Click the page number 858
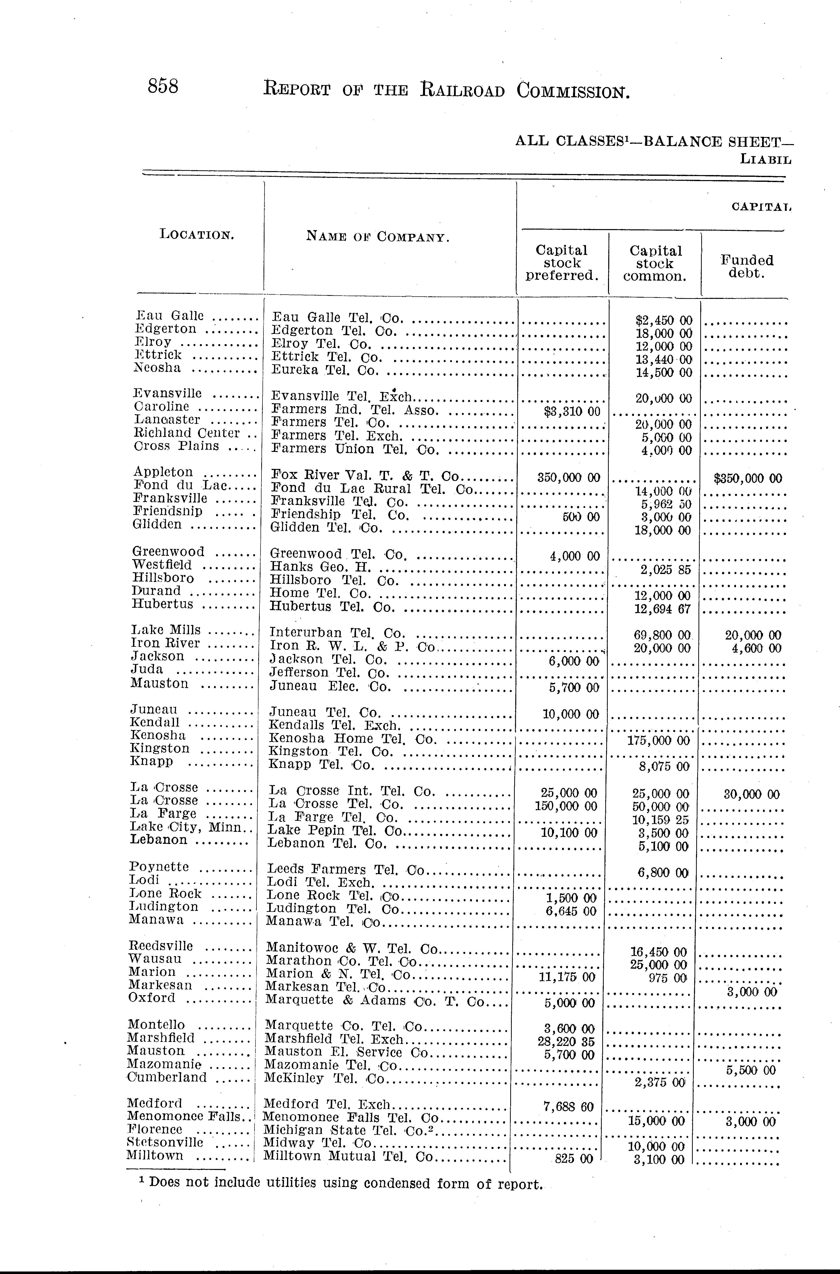coord(163,86)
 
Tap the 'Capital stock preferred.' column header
coord(562,263)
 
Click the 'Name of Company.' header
coord(378,236)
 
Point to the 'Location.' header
coord(197,234)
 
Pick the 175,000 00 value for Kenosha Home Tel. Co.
coord(658,741)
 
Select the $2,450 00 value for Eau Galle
coord(664,321)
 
